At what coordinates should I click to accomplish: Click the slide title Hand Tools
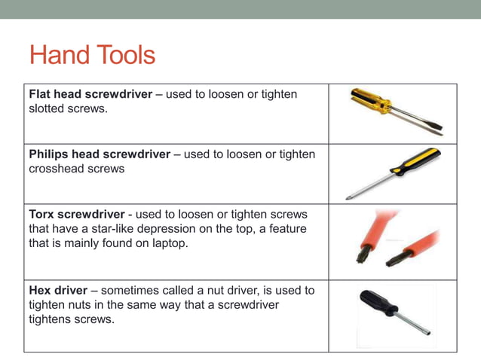(92, 55)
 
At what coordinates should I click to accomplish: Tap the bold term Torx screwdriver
(75, 214)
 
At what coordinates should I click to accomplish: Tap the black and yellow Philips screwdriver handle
(414, 161)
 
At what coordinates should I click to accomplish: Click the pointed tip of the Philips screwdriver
(348, 198)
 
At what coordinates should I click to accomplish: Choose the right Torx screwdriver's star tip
(390, 262)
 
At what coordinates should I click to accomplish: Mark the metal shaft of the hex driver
(413, 323)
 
